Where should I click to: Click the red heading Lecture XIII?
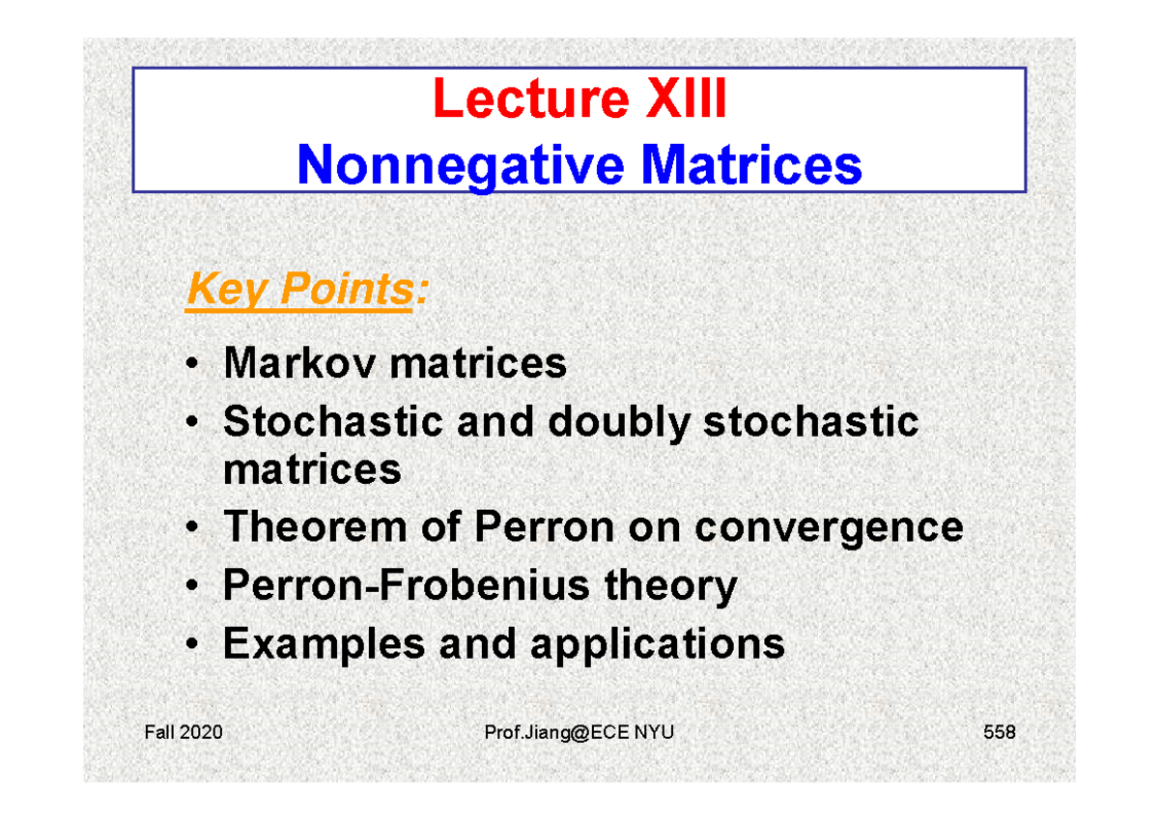click(x=579, y=99)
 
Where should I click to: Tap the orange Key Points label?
click(x=300, y=289)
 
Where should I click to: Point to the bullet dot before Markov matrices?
click(x=193, y=366)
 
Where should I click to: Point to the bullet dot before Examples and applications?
click(x=193, y=644)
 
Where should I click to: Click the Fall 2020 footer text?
click(x=183, y=733)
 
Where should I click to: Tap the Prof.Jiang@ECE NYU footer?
click(x=579, y=733)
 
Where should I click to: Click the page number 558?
click(x=999, y=733)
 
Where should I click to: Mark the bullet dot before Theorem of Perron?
click(x=193, y=528)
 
